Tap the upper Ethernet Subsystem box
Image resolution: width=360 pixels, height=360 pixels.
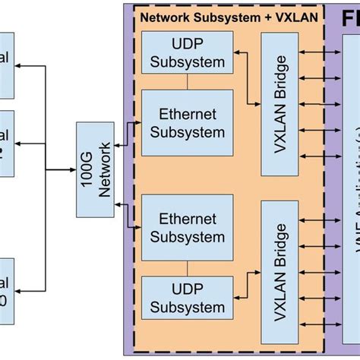[x=187, y=123]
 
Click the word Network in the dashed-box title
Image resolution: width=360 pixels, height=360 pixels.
[x=167, y=17]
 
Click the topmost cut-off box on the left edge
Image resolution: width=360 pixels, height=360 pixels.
[x=6, y=65]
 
